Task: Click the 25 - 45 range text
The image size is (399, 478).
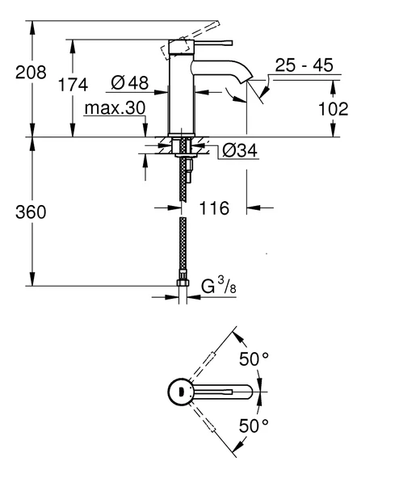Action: (304, 67)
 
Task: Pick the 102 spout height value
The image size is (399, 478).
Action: (332, 109)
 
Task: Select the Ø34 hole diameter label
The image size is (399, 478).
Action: (240, 151)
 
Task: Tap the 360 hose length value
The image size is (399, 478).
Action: (31, 212)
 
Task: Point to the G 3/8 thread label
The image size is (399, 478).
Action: (217, 285)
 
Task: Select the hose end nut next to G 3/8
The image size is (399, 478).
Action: (183, 284)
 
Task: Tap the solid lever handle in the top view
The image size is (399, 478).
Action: (226, 392)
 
